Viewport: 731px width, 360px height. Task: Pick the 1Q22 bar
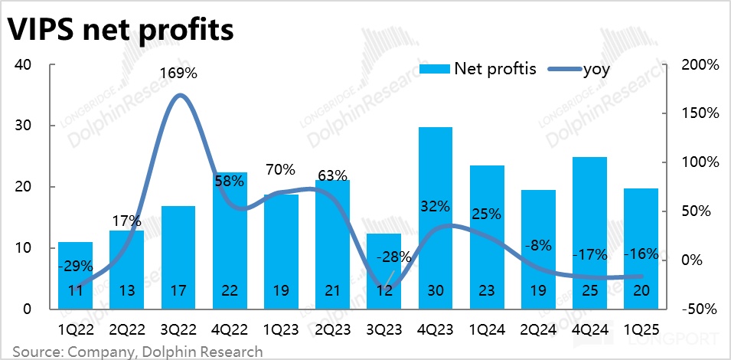click(x=76, y=276)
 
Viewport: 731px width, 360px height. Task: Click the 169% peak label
click(x=178, y=74)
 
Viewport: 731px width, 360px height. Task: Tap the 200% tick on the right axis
click(x=699, y=64)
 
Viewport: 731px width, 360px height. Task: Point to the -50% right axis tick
click(x=699, y=309)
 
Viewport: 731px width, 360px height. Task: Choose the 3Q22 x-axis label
click(x=178, y=331)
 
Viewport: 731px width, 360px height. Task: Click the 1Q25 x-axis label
click(x=641, y=331)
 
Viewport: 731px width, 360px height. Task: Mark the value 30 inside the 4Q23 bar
click(x=436, y=292)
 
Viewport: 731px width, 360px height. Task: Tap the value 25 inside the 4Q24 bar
click(x=589, y=292)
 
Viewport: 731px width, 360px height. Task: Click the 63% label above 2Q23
click(x=333, y=175)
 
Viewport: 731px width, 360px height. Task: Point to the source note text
click(x=137, y=352)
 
